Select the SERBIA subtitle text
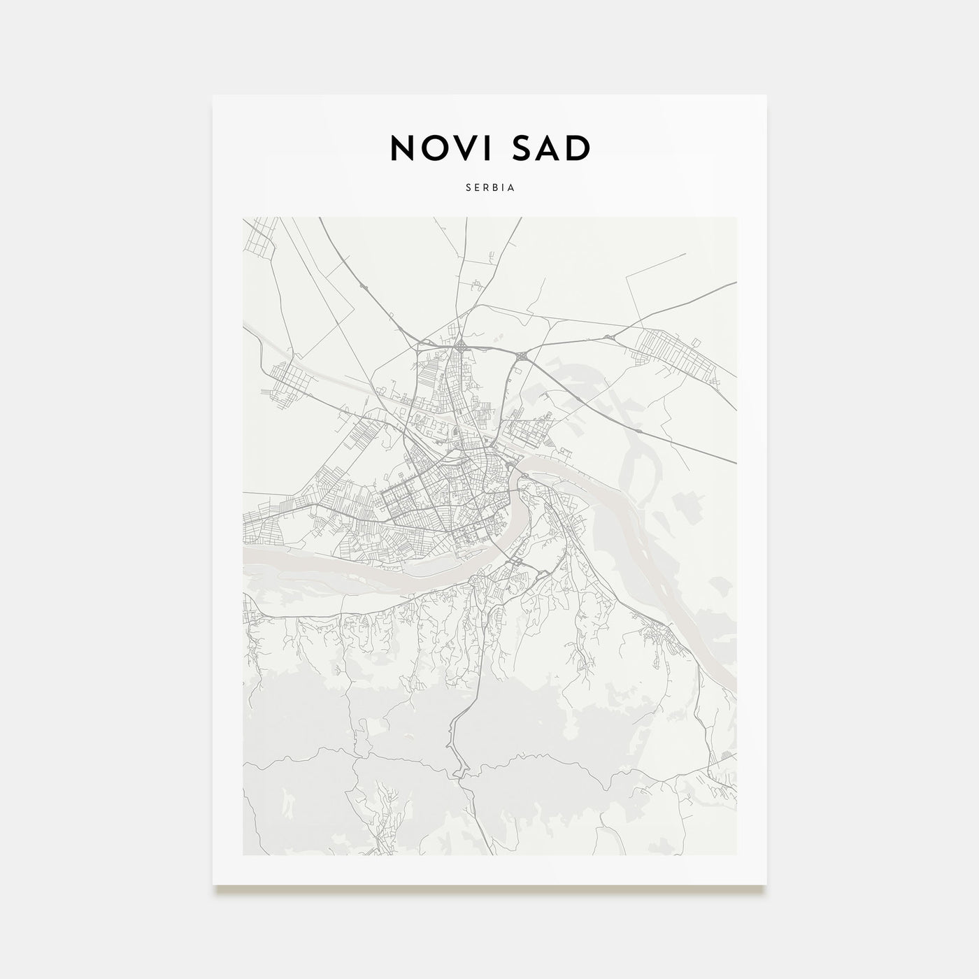coord(489,187)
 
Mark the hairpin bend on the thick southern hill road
coord(458,769)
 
